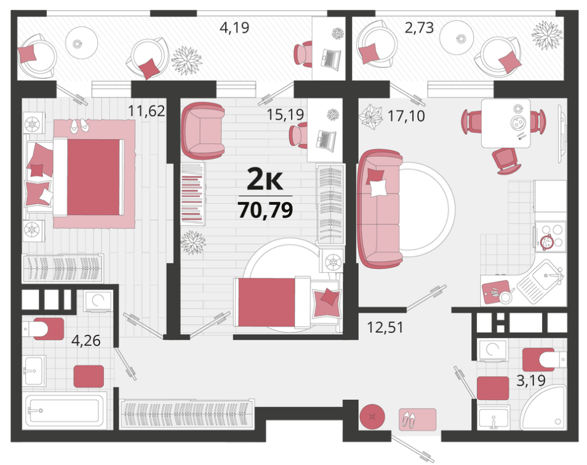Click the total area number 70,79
pos(265,210)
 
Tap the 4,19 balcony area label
pos(234,28)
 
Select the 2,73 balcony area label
pos(419,28)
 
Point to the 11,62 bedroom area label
pos(146,110)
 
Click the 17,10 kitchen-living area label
pos(406,116)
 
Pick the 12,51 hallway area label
pos(385,327)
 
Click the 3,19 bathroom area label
pos(531,381)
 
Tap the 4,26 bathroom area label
pos(86,341)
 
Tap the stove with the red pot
pos(550,236)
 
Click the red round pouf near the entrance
pos(372,416)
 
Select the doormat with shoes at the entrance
pos(417,419)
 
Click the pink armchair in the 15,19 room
pos(203,131)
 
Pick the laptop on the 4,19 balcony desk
pos(330,59)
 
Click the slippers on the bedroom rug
pos(79,125)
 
